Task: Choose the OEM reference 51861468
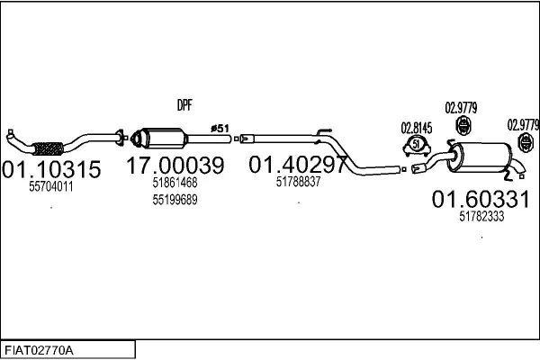[x=174, y=183]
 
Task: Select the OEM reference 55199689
[x=174, y=199]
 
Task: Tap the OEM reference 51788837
[x=298, y=181]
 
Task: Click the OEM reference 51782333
[x=481, y=216]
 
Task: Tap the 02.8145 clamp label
[x=415, y=128]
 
